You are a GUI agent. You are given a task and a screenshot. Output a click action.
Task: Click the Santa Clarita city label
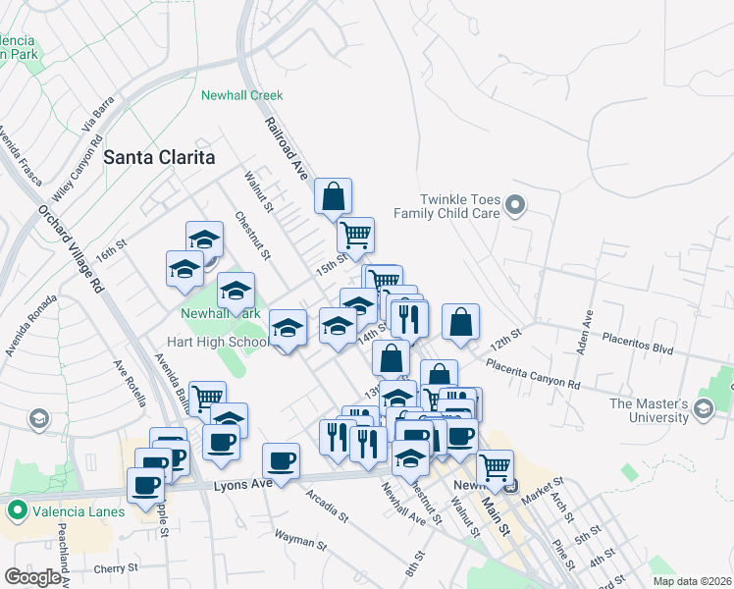(x=159, y=156)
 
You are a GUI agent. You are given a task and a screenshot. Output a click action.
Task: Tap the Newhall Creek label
(x=241, y=95)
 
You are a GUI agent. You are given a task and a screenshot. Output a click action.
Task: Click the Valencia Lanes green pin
(x=17, y=510)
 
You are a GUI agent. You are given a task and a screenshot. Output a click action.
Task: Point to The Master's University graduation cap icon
(x=703, y=408)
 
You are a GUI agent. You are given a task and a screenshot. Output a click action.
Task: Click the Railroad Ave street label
(x=287, y=147)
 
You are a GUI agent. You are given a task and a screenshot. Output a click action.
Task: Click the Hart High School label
(x=217, y=343)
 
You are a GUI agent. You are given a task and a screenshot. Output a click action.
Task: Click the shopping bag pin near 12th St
(x=460, y=323)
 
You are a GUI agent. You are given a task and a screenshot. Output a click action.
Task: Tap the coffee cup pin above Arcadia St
(x=282, y=461)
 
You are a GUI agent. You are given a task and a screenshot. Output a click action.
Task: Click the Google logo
(x=32, y=577)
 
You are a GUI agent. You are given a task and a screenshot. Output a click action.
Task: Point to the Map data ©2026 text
(x=692, y=581)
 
